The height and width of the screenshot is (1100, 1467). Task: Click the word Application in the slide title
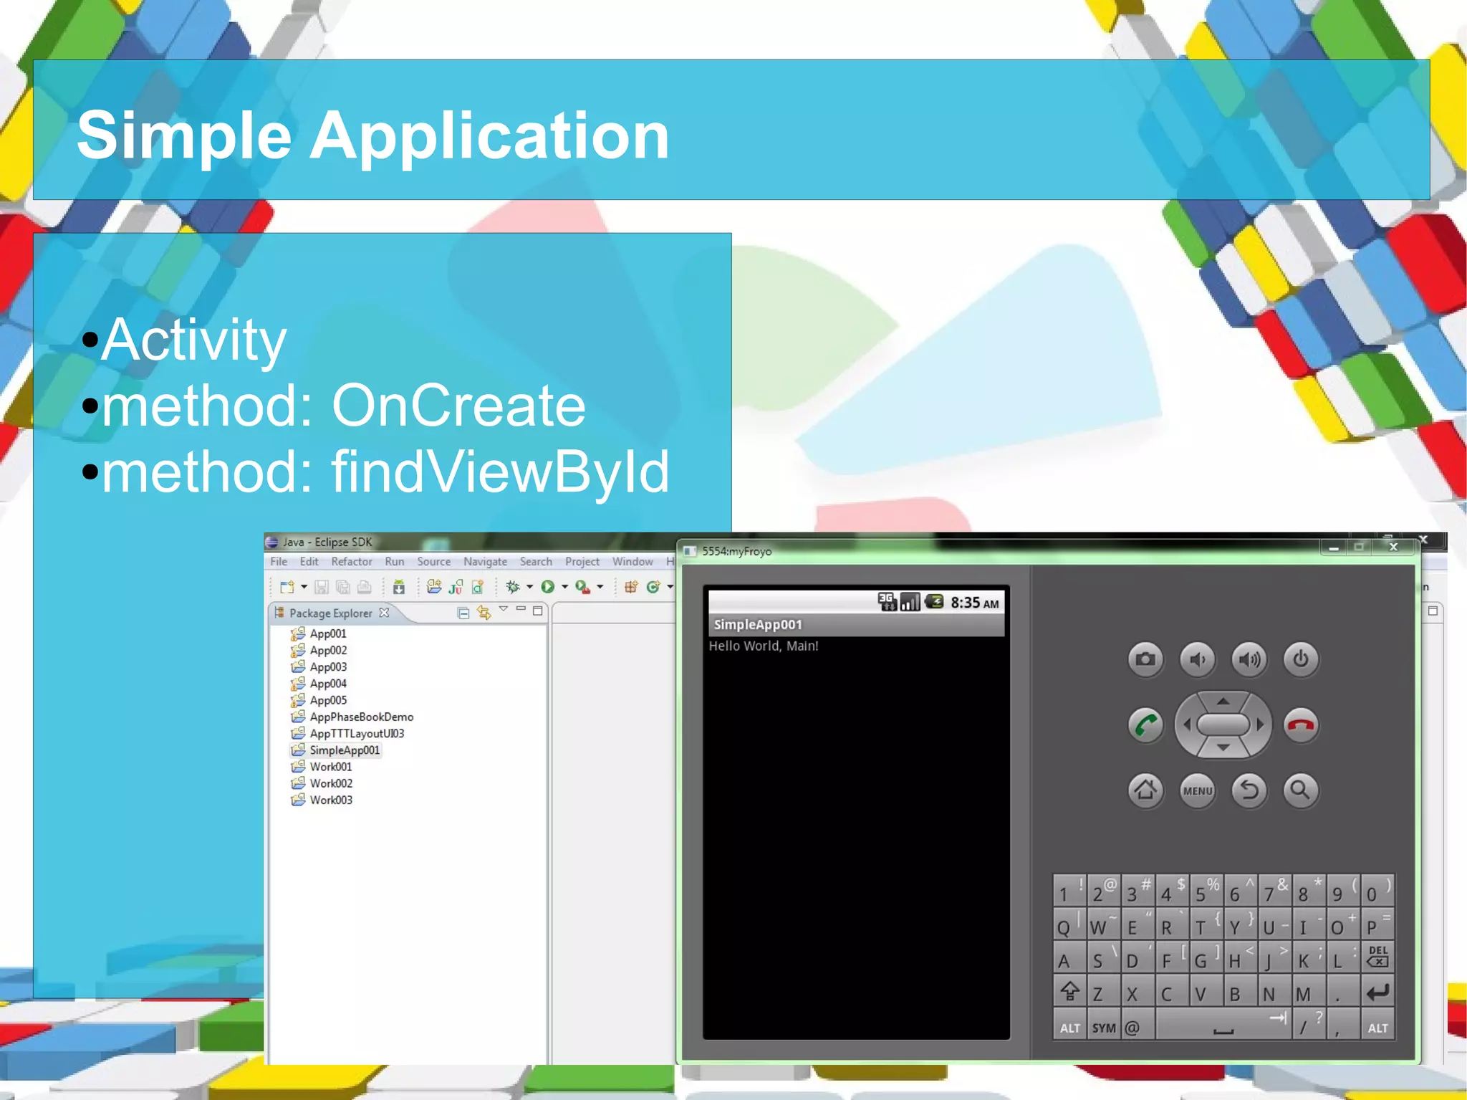pos(489,136)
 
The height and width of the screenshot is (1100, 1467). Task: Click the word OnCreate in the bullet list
pos(458,406)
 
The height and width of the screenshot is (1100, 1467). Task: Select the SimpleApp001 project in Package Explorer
pos(344,750)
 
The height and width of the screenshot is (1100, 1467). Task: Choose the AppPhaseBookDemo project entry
pos(361,717)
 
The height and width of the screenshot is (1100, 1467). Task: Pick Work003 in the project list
pos(331,800)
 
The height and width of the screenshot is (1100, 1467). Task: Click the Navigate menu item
pos(485,562)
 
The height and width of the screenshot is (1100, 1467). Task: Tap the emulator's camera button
pos(1145,659)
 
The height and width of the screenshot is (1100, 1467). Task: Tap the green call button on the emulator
pos(1145,725)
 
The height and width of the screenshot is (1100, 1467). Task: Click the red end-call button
pos(1301,725)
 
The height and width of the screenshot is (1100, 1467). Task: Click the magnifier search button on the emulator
pos(1301,790)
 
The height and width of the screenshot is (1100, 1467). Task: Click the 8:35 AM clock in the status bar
pos(974,603)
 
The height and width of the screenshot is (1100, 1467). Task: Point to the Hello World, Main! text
pos(763,646)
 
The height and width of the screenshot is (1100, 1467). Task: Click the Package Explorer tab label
pos(330,613)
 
